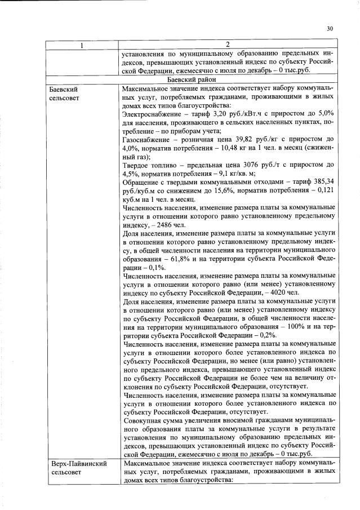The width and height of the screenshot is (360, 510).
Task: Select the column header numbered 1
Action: (x=82, y=46)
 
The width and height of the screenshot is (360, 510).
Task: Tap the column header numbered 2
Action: (x=228, y=46)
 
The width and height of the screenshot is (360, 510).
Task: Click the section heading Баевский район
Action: (x=228, y=80)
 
